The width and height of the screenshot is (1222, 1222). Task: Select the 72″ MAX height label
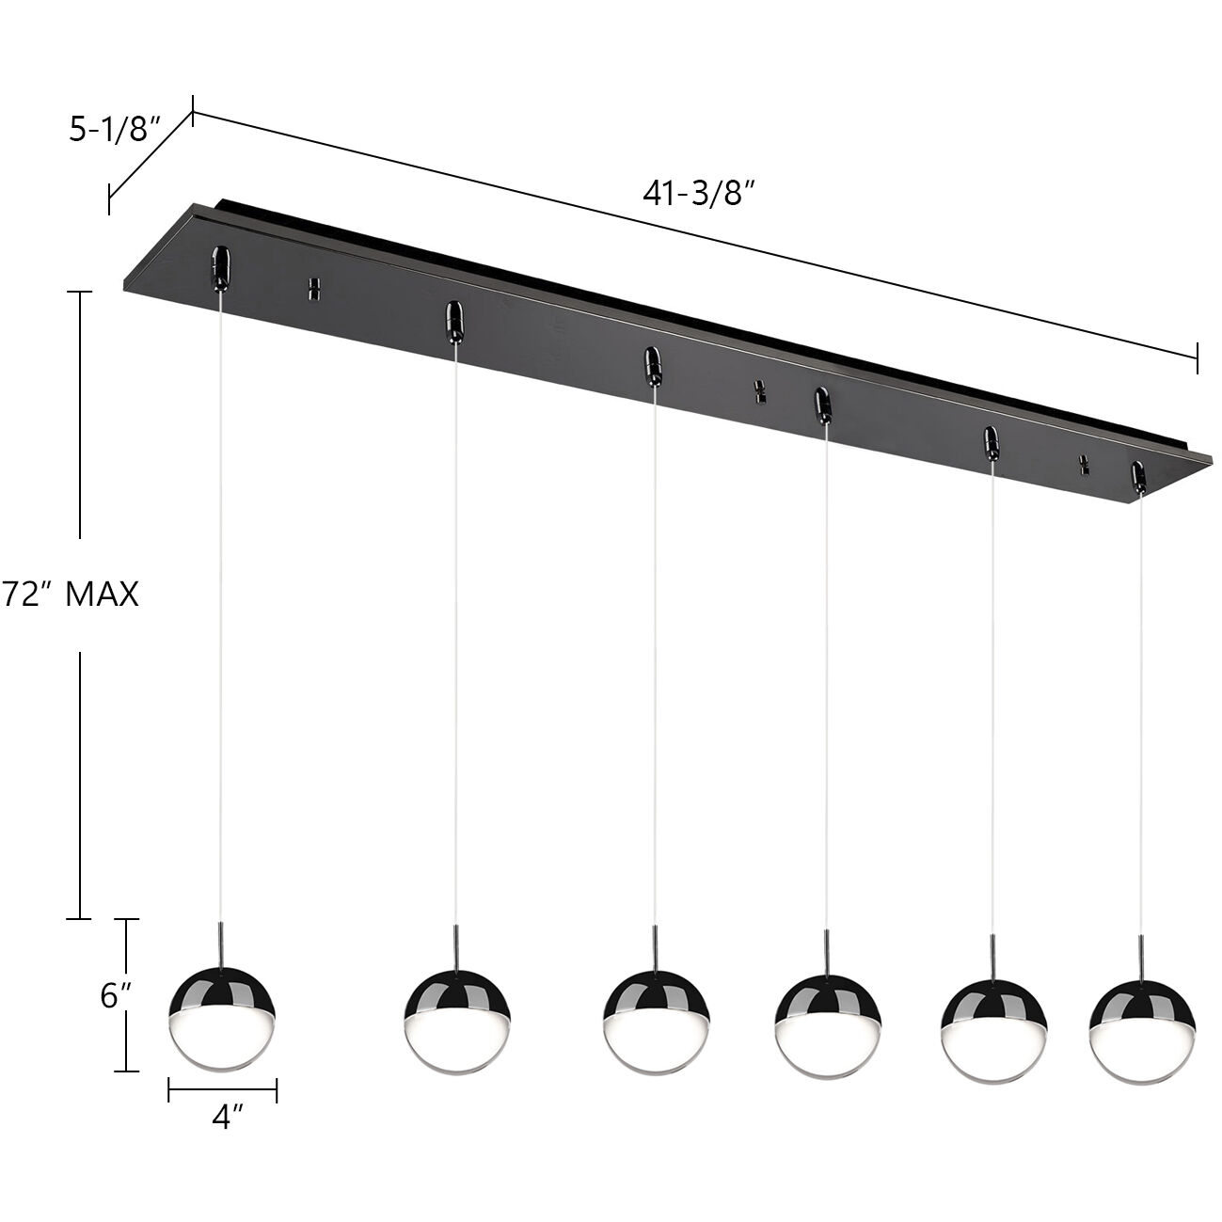pos(70,595)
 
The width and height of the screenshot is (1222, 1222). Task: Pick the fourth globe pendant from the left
pos(827,1028)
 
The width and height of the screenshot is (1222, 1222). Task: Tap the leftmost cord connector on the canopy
pos(220,266)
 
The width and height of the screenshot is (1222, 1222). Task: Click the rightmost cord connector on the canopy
pos(1139,477)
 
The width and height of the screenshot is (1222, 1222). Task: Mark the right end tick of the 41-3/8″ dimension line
pos(1197,357)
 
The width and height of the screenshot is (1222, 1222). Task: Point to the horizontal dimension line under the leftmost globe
pos(222,1090)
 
